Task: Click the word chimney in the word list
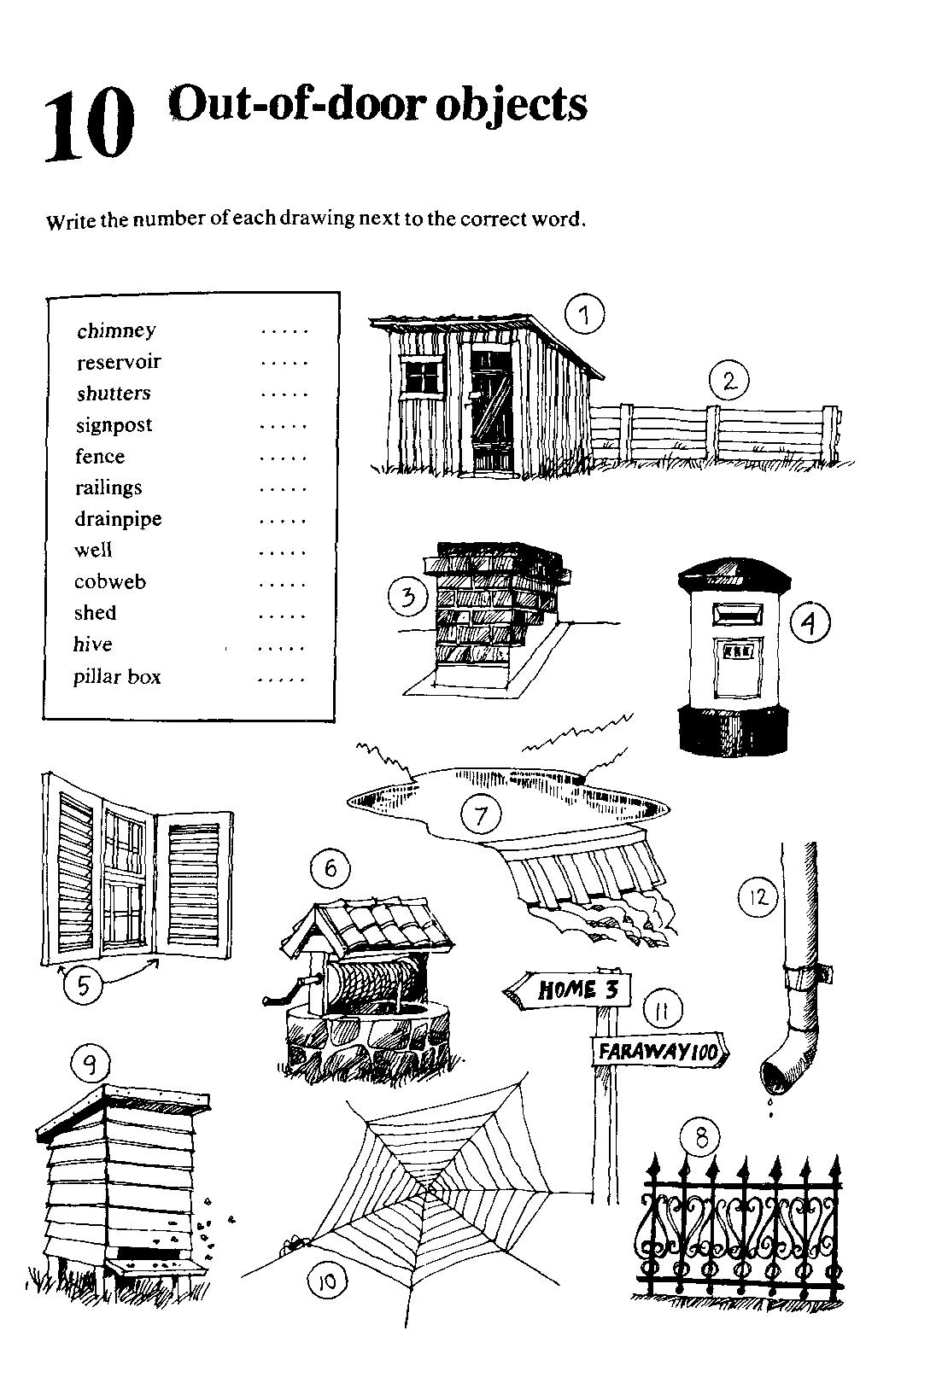tap(116, 330)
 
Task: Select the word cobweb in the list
tap(110, 582)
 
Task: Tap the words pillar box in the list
tap(117, 677)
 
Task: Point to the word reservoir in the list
tap(119, 362)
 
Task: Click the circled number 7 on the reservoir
tap(481, 815)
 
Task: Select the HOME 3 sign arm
tap(568, 990)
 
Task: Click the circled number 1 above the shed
tap(585, 315)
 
